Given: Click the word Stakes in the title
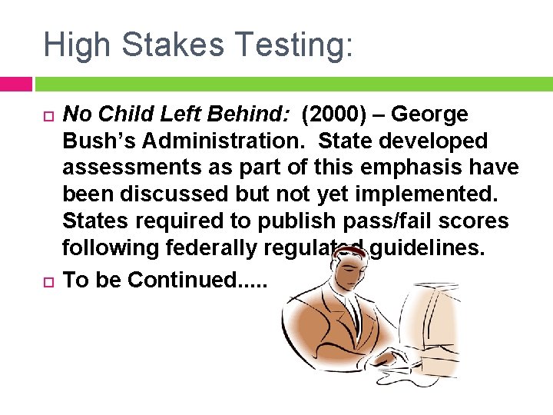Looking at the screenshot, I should (162, 44).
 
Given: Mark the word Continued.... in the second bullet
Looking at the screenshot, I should (197, 279).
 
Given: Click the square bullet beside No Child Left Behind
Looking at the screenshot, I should (45, 116).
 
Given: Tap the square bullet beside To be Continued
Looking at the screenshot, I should (45, 280).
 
